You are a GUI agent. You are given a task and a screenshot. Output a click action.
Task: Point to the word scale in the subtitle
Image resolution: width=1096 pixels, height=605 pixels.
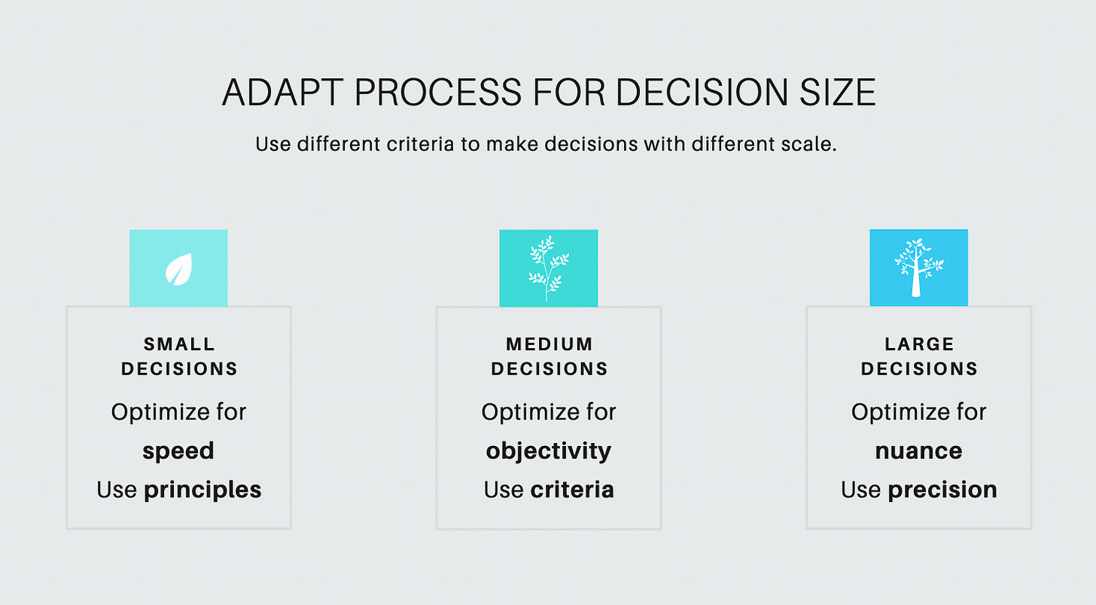tap(811, 144)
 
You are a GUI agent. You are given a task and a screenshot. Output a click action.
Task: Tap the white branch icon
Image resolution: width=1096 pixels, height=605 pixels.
tap(548, 268)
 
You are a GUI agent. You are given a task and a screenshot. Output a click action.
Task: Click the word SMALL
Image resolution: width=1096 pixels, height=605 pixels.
tap(179, 344)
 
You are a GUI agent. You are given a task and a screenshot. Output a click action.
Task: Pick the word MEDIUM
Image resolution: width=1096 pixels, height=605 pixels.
tap(550, 344)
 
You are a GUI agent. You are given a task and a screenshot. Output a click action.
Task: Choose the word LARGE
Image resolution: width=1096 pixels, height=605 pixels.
tap(919, 344)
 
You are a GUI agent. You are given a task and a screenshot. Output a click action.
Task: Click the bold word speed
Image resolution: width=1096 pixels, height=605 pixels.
tap(178, 451)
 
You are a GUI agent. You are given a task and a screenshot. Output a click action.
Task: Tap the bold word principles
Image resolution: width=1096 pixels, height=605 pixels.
tap(202, 490)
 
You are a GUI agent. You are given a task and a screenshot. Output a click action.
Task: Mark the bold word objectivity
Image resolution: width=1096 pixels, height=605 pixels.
tap(549, 451)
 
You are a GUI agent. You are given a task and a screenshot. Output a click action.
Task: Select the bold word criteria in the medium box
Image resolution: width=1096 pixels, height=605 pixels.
tap(572, 490)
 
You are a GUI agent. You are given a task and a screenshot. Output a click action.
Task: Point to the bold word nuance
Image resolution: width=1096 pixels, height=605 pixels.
tap(918, 451)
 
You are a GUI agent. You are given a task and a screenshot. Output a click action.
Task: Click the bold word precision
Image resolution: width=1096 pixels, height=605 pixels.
tap(942, 490)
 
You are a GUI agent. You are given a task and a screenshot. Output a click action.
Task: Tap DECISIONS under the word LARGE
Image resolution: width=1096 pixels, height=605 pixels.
tap(919, 369)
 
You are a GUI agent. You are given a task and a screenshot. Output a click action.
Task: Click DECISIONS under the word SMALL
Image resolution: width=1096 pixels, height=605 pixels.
tap(179, 369)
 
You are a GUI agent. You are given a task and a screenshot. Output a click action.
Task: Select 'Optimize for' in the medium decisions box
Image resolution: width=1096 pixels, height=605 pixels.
tap(549, 412)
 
